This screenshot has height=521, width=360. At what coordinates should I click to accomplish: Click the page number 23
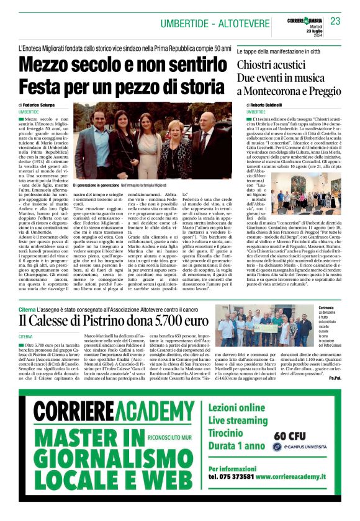[x=335, y=22]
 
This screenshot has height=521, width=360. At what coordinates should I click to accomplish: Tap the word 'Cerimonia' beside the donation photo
[x=326, y=307]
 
